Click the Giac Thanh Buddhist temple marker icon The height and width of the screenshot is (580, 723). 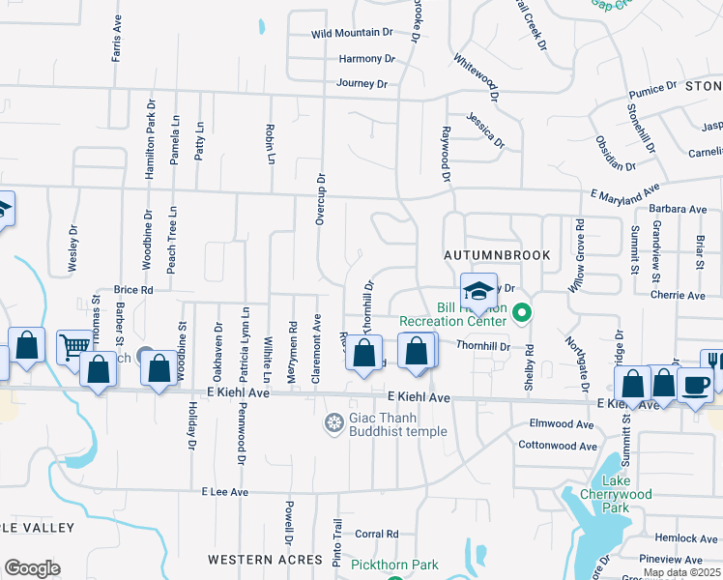point(334,422)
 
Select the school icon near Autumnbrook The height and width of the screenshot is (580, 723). point(477,290)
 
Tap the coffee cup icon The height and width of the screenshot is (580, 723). point(696,384)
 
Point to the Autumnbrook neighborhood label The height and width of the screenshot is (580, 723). point(497,255)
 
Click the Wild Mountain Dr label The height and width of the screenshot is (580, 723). point(352,33)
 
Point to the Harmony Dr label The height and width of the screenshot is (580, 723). point(367,59)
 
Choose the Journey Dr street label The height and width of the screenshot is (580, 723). point(361,84)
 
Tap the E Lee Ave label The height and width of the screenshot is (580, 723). point(225,492)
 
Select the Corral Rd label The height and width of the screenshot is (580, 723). point(377,534)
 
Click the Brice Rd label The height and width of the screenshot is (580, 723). point(133,290)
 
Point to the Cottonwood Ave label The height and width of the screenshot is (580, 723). point(558,446)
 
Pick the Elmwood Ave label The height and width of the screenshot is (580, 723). point(562,424)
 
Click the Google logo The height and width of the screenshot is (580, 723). point(32,568)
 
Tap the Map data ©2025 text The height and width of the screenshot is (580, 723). point(680,572)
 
